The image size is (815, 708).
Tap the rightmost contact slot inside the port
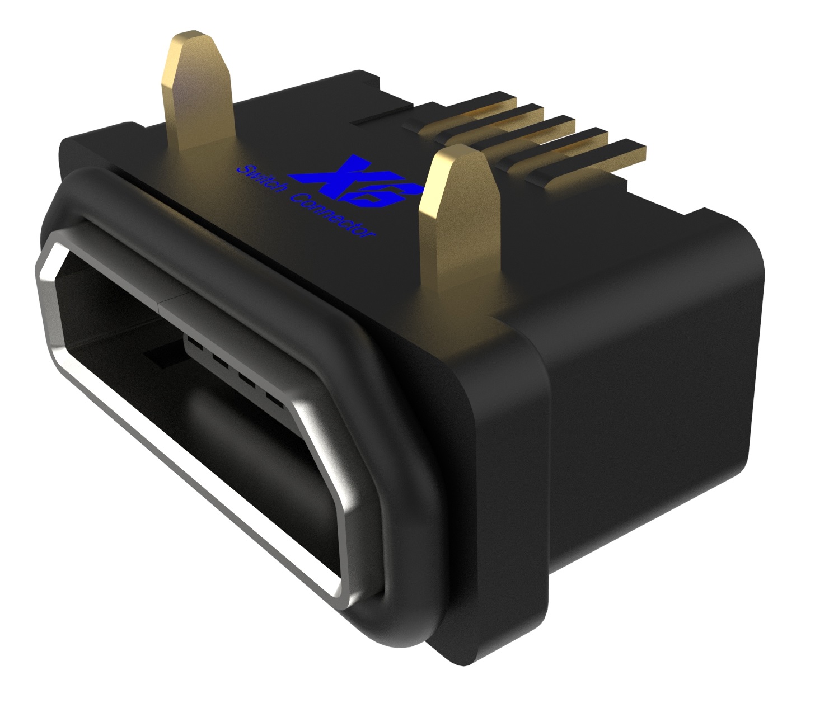click(274, 399)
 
